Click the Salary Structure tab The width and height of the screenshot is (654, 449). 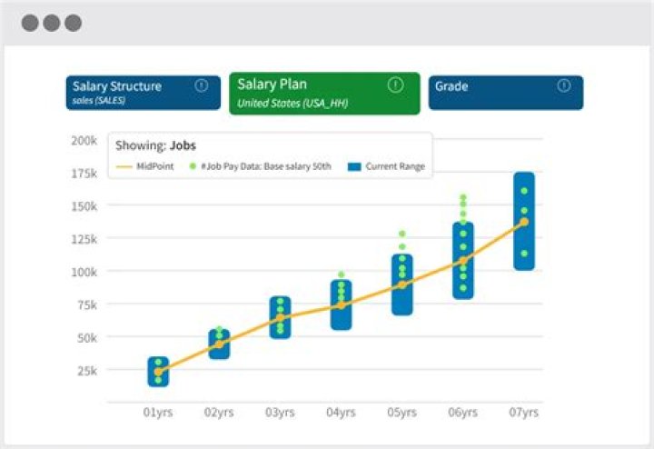143,93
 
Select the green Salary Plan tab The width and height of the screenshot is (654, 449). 324,93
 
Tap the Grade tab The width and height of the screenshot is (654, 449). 505,93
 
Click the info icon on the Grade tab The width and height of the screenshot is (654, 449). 564,85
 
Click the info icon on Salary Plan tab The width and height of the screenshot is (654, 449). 395,85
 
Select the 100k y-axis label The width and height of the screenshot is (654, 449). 84,272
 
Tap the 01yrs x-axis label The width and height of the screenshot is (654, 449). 158,413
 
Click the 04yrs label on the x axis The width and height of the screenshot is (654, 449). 341,413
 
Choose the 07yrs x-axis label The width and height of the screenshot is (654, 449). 523,413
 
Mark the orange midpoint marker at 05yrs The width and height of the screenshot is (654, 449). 401,284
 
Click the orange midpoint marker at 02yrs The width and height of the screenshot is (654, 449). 219,344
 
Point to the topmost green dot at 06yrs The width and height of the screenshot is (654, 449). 462,197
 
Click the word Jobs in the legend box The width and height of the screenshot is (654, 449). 183,145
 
